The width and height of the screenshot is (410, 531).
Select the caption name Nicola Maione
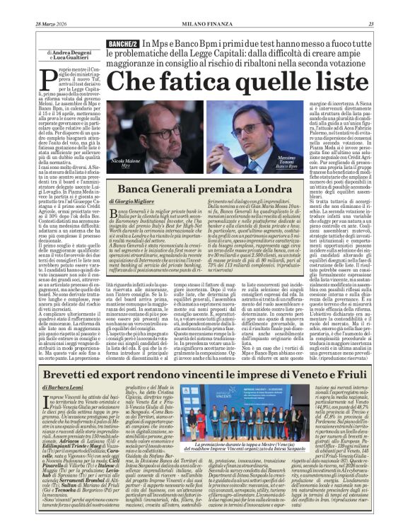pos(127,162)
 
